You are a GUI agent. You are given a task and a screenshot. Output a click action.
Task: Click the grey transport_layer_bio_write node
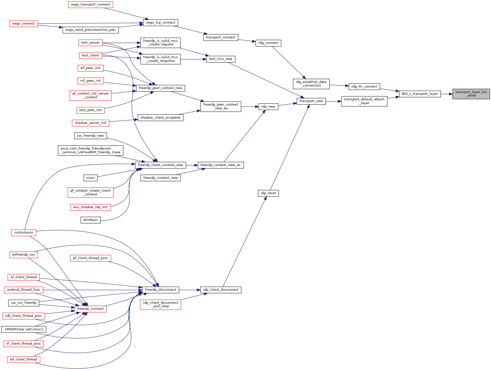pos(471,94)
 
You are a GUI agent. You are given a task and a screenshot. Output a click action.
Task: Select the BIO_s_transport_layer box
pos(420,94)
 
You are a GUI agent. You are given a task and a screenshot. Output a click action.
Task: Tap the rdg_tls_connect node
pos(364,87)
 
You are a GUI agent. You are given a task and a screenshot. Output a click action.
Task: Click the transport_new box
pos(311,101)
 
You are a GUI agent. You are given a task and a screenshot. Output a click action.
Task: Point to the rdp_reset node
pos(268,193)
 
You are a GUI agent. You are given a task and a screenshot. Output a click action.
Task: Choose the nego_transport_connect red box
pos(90,5)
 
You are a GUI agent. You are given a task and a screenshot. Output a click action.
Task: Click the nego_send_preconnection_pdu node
pos(90,30)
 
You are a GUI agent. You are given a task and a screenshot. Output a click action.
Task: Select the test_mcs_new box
pos(221,59)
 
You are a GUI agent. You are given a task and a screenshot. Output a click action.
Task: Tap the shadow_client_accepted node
pos(160,118)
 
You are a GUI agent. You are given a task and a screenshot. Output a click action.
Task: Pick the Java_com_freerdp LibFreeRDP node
pos(90,150)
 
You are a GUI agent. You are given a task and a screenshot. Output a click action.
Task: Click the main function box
pos(90,178)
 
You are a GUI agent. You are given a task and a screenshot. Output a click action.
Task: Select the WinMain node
pos(90,220)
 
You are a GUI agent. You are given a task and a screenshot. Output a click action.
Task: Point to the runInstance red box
pos(24,233)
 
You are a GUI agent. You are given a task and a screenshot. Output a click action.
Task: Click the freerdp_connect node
pos(90,309)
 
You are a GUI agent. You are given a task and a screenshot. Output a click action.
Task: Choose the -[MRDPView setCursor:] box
pos(24,329)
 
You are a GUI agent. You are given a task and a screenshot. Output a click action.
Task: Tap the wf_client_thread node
pos(24,359)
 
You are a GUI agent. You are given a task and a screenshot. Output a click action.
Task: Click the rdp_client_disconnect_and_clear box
pos(160,305)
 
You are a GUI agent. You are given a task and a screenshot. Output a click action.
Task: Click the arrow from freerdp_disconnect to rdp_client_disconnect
pos(190,290)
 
